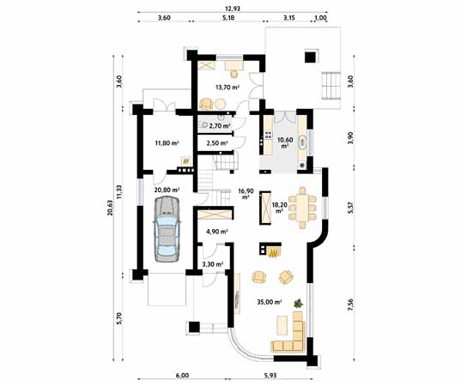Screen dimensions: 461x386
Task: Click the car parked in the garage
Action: (x=167, y=229)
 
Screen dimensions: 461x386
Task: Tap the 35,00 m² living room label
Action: (x=270, y=302)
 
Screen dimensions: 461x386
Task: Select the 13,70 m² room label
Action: (x=227, y=87)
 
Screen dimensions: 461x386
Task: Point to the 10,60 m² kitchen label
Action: (x=285, y=142)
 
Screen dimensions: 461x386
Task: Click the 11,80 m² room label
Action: (x=167, y=143)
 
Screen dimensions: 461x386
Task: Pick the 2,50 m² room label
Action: (x=217, y=143)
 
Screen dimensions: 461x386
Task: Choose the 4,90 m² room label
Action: (x=217, y=232)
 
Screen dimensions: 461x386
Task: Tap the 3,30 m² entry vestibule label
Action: (x=213, y=264)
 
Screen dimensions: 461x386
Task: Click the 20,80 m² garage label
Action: (x=167, y=190)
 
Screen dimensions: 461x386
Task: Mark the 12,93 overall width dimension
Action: (x=233, y=9)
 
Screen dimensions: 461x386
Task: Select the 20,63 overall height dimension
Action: (x=110, y=208)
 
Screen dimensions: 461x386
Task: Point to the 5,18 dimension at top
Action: (x=228, y=18)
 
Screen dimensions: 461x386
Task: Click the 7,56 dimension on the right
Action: (x=350, y=305)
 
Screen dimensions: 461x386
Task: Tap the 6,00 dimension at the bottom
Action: (x=182, y=376)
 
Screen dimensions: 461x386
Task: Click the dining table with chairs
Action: (x=302, y=208)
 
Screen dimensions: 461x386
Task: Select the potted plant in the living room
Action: (x=298, y=303)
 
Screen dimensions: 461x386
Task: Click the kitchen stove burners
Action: (x=268, y=135)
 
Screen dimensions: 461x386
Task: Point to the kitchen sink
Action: (x=302, y=143)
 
